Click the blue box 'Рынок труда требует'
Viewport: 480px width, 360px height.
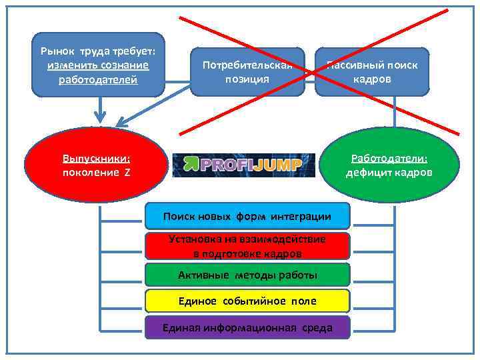point(98,65)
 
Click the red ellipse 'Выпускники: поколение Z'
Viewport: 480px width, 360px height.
point(96,165)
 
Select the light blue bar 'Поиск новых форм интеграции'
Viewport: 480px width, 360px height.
point(247,216)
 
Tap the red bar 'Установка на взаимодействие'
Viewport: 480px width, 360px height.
point(247,246)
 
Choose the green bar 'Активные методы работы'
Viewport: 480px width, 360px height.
point(247,275)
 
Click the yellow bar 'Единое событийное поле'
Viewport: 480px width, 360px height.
point(247,301)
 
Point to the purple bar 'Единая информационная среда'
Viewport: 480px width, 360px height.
point(247,327)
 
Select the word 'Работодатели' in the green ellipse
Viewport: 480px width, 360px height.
point(389,159)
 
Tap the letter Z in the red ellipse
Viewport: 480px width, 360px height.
point(126,173)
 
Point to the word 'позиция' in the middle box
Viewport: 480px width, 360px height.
point(247,79)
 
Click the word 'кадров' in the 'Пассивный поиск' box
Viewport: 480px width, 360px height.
point(372,79)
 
